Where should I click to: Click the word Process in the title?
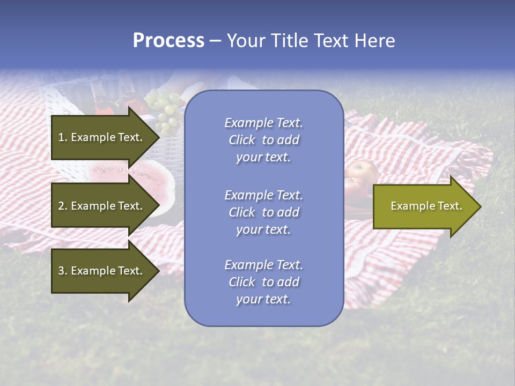click(168, 41)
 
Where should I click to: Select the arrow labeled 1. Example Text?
click(102, 137)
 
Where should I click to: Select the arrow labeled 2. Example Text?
click(102, 206)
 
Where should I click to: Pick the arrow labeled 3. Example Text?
click(102, 271)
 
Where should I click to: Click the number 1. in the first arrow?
click(62, 137)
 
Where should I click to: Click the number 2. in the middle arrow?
click(62, 206)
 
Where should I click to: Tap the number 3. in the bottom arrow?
click(62, 271)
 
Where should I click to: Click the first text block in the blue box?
click(263, 140)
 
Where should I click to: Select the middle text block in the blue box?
click(263, 212)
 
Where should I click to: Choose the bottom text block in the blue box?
click(263, 282)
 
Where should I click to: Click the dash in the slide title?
click(215, 41)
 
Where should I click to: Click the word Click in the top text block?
click(242, 140)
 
